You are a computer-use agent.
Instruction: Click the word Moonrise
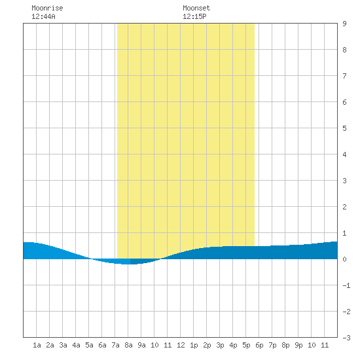click(47, 8)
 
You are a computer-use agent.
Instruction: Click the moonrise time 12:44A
click(43, 16)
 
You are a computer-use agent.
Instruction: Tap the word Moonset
click(196, 8)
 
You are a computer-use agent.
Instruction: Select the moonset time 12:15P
click(194, 16)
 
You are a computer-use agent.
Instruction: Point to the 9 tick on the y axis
click(344, 24)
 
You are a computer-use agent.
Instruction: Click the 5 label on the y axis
click(344, 128)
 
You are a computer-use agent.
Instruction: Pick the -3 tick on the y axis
click(346, 338)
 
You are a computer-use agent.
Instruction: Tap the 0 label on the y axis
click(344, 259)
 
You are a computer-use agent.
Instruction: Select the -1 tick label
click(346, 285)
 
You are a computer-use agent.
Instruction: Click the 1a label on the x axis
click(37, 345)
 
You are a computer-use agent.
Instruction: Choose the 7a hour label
click(115, 345)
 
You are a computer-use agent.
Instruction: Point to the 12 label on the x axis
click(181, 345)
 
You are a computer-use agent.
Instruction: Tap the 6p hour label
click(259, 345)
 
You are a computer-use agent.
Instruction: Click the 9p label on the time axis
click(298, 345)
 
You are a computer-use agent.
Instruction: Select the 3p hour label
click(220, 345)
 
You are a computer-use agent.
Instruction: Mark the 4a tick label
click(76, 345)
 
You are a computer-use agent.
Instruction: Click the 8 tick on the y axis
click(344, 50)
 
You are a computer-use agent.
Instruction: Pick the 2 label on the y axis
click(344, 207)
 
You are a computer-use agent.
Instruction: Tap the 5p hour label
click(246, 345)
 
